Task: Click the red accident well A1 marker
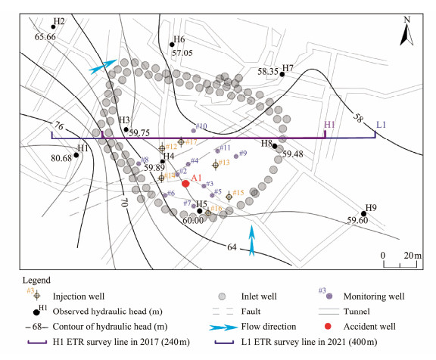pyautogui.click(x=185, y=184)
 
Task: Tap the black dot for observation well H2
pyautogui.click(x=53, y=27)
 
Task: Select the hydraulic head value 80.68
pyautogui.click(x=61, y=158)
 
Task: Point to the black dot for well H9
pyautogui.click(x=363, y=213)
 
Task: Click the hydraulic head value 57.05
pyautogui.click(x=182, y=53)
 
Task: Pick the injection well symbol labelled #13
pyautogui.click(x=215, y=166)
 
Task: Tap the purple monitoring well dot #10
pyautogui.click(x=194, y=131)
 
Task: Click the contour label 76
pyautogui.click(x=59, y=126)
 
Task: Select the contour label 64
pyautogui.click(x=232, y=247)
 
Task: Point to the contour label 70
pyautogui.click(x=124, y=202)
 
